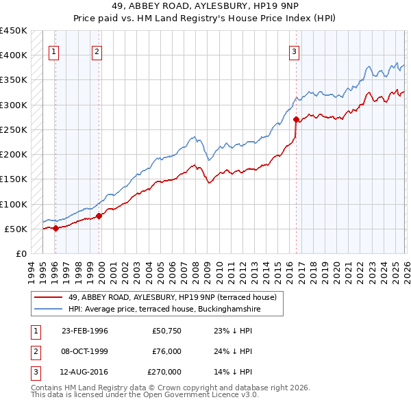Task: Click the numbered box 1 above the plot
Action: click(x=53, y=51)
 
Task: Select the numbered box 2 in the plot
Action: click(x=97, y=51)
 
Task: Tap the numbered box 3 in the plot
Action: click(x=294, y=51)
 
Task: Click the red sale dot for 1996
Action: click(x=55, y=228)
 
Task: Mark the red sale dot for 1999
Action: click(x=99, y=216)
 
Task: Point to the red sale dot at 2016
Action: click(x=297, y=119)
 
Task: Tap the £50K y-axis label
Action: click(x=16, y=229)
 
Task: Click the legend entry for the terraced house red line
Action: click(x=172, y=297)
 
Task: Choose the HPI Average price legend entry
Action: click(x=164, y=310)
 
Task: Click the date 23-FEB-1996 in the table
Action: click(x=85, y=330)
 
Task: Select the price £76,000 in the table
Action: click(x=166, y=351)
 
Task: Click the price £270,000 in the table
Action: click(x=164, y=373)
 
